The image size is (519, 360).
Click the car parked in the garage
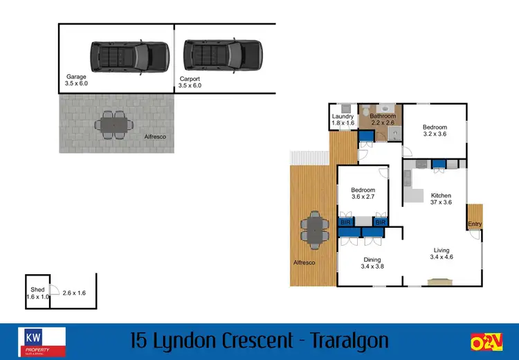tap(129, 57)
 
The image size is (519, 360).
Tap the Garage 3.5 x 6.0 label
tap(76, 80)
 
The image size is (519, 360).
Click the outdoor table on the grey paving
tap(113, 125)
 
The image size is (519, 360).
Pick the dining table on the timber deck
tap(316, 229)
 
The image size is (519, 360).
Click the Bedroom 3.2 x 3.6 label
tap(435, 131)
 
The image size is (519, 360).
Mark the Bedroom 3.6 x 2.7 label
tap(363, 193)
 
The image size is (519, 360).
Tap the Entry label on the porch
tap(474, 224)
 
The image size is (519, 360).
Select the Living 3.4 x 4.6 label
tap(441, 254)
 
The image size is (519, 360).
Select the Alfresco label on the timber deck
tap(304, 263)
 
